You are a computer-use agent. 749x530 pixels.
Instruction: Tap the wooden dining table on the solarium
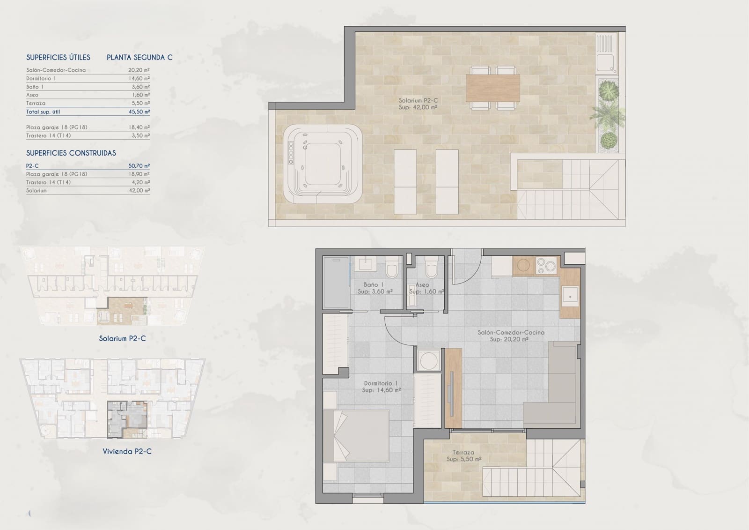point(492,88)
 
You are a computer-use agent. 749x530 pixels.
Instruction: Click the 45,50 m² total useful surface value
point(139,112)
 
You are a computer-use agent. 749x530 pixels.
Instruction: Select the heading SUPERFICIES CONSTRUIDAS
point(71,153)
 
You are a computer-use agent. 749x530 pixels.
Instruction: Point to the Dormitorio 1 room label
point(380,383)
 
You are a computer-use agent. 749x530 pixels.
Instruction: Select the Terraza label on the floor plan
point(463,453)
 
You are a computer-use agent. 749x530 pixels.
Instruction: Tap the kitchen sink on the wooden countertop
point(570,297)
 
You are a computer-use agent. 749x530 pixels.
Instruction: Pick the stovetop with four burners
point(546,266)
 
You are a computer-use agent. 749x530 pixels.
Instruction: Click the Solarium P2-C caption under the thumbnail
point(122,338)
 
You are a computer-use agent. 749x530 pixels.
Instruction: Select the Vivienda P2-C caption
point(127,451)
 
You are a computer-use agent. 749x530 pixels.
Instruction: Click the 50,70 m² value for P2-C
point(139,166)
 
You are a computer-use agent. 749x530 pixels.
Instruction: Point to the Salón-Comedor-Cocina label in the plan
point(511,332)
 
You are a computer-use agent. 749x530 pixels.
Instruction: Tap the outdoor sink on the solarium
point(606,63)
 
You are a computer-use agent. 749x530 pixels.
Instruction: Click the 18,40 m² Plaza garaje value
point(139,127)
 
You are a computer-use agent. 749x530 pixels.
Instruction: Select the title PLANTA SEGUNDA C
point(140,58)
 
